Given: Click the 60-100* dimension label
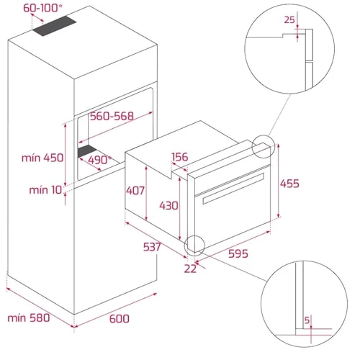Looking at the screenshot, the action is coord(42,8).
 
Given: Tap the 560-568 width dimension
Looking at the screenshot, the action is coord(112,116).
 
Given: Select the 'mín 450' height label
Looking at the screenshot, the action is coord(42,158).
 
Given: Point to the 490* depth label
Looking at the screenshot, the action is coord(100,160).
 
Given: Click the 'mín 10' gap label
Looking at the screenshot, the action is coord(45,190).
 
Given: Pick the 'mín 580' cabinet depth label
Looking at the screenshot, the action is coord(29,318).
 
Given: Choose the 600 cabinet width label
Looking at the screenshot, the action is coord(120,319).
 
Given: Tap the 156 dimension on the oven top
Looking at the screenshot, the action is coord(180,157).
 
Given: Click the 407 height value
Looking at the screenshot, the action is coord(135,191).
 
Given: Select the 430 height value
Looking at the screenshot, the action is coord(169,206).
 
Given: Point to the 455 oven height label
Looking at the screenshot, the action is coord(289,184).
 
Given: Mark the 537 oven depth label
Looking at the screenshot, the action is coord(152,247).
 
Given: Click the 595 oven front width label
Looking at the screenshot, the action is coord(238,253).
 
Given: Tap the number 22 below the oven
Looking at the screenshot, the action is coord(190,269).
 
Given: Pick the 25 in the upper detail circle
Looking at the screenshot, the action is coord(289,19).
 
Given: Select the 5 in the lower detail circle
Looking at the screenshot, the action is coord(307,320).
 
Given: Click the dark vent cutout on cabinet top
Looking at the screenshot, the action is coord(55,26).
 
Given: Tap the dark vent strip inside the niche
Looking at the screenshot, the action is coord(87,150).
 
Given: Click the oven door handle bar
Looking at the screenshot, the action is coord(233,189).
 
